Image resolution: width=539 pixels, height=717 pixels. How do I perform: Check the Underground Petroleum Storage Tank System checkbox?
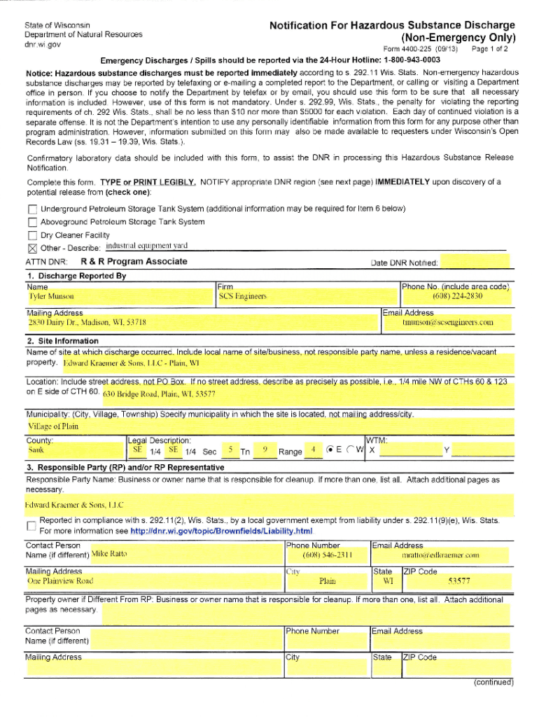(32, 209)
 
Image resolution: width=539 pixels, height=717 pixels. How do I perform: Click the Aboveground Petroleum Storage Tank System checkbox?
(32, 222)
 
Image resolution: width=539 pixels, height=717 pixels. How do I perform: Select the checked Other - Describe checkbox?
(32, 248)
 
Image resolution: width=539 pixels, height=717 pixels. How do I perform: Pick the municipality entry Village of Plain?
(53, 426)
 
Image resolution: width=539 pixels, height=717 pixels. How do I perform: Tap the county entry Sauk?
(36, 450)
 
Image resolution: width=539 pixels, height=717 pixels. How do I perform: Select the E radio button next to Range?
(330, 450)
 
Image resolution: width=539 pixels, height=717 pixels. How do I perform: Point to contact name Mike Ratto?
(109, 555)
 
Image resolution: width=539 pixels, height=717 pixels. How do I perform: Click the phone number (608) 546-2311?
(326, 555)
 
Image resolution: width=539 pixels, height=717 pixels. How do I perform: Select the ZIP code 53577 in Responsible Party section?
(458, 581)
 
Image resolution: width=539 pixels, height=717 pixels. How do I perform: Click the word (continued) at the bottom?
(493, 682)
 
